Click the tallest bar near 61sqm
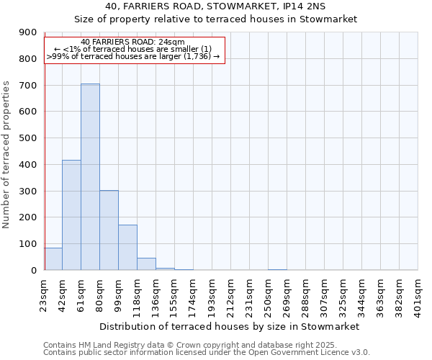click(90, 176)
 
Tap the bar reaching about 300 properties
click(109, 230)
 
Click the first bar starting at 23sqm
click(53, 258)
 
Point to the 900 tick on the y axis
click(30, 32)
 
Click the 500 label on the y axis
click(30, 138)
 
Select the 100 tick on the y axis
click(30, 244)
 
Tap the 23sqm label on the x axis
click(45, 292)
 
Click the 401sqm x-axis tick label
click(418, 294)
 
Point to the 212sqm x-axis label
click(231, 294)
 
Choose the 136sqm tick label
click(156, 294)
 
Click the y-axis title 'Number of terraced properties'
click(6, 155)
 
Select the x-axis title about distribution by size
click(229, 326)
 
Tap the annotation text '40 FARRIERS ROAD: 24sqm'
click(133, 42)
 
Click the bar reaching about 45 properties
click(146, 264)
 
